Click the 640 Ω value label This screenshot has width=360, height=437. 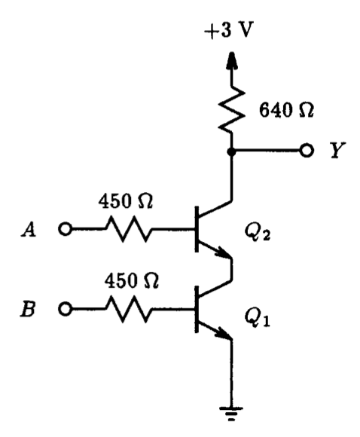[285, 111]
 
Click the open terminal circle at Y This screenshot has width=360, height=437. [306, 150]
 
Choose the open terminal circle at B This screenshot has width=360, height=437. [66, 309]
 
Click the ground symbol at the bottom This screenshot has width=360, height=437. [232, 412]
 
